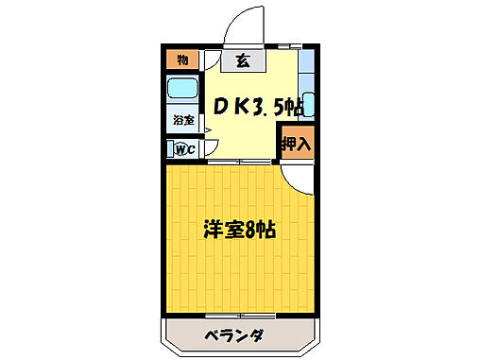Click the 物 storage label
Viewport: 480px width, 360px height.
point(182,60)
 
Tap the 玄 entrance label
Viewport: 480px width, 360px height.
point(243,61)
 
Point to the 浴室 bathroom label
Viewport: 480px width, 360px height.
point(182,120)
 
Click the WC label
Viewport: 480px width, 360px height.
point(182,147)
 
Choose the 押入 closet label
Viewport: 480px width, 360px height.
point(297,144)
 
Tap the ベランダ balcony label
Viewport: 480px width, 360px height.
point(232,336)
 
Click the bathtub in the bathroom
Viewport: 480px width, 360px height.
point(182,93)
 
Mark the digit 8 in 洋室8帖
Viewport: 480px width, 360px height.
point(250,230)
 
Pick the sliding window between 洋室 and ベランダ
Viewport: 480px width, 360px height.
point(240,315)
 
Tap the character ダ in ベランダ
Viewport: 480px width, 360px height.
point(255,336)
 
